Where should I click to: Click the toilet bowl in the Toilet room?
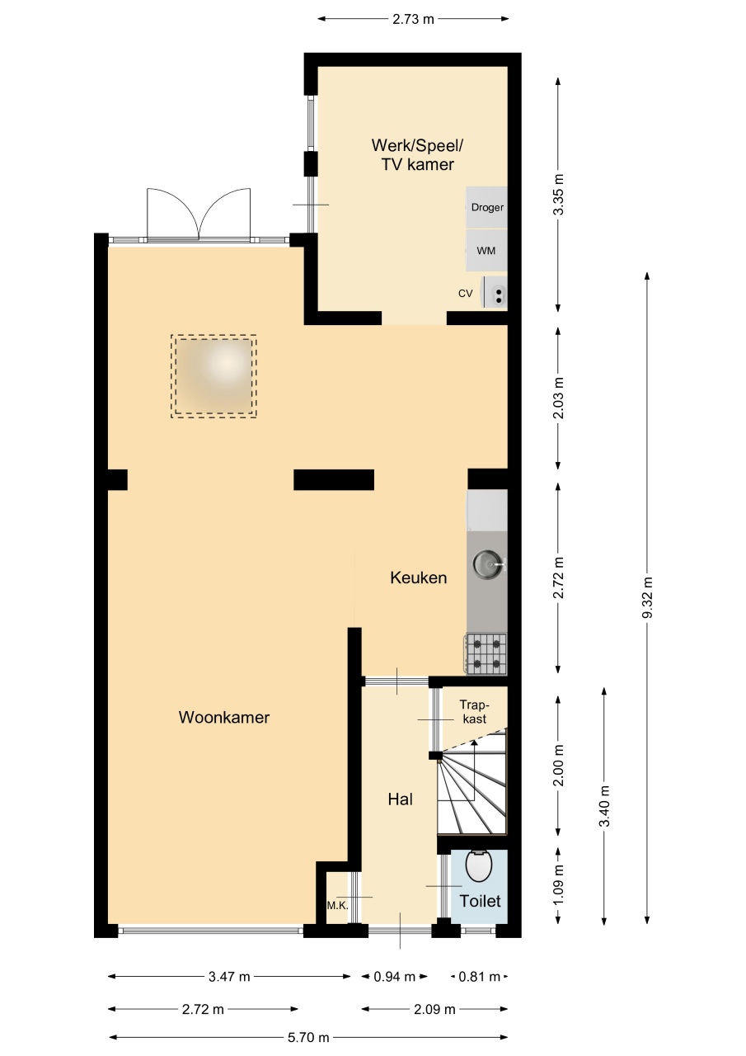pyautogui.click(x=479, y=865)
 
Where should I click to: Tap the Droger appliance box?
pyautogui.click(x=486, y=207)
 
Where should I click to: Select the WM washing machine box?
pyautogui.click(x=486, y=250)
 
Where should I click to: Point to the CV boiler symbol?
pyautogui.click(x=494, y=292)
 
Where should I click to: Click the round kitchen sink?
pyautogui.click(x=487, y=563)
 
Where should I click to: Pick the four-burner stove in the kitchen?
pyautogui.click(x=487, y=654)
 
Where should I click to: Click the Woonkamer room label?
pyautogui.click(x=223, y=718)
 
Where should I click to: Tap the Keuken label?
pyautogui.click(x=418, y=577)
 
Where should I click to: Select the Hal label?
pyautogui.click(x=401, y=799)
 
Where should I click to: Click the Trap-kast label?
pyautogui.click(x=474, y=712)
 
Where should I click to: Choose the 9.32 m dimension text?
pyautogui.click(x=647, y=598)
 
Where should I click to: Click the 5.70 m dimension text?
pyautogui.click(x=308, y=1037)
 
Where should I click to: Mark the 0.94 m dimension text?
pyautogui.click(x=395, y=977)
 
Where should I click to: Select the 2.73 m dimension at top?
pyautogui.click(x=413, y=19)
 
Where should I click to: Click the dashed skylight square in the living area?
pyautogui.click(x=213, y=376)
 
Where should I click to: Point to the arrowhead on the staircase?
pyautogui.click(x=474, y=743)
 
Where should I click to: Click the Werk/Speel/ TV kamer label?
pyautogui.click(x=417, y=154)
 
